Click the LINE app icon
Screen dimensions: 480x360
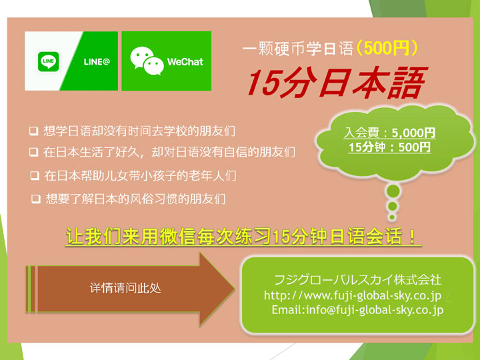(x=49, y=61)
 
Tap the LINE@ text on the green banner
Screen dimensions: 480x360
(x=97, y=62)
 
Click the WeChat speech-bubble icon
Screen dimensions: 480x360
(x=147, y=61)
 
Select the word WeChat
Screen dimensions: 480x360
(x=185, y=62)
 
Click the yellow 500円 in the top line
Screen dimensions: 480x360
(x=387, y=48)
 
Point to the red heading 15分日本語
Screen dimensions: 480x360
(x=337, y=83)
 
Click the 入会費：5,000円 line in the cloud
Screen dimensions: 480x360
(x=389, y=133)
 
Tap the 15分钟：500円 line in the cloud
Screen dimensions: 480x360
(x=389, y=147)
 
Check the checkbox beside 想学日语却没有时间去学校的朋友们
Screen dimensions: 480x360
(x=34, y=131)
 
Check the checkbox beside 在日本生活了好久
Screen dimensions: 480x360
(x=34, y=152)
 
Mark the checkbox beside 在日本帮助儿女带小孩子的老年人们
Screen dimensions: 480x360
(x=35, y=176)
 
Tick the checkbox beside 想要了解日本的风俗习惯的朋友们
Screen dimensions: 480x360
(x=36, y=199)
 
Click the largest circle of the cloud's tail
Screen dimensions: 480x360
(x=393, y=191)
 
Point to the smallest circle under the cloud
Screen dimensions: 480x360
(x=392, y=217)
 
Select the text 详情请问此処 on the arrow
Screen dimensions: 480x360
(x=125, y=289)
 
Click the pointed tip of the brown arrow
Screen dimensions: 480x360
(x=234, y=289)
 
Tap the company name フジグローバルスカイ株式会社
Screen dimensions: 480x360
(x=357, y=280)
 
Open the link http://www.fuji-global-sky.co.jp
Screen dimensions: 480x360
(x=353, y=295)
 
